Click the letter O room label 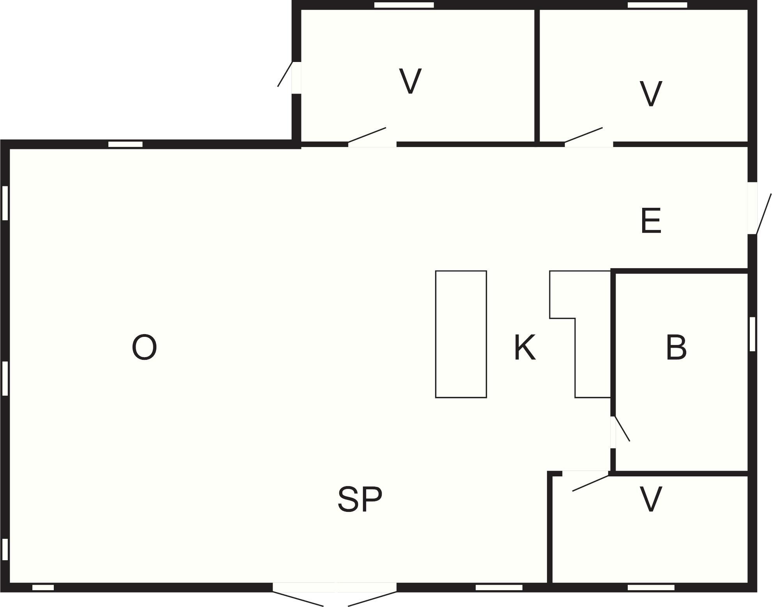144,347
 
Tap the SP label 360,499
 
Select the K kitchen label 525,347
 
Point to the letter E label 651,221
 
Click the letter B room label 676,347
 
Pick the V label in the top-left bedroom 411,81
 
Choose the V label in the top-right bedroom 651,94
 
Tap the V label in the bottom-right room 651,499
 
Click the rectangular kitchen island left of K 461,334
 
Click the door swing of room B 622,429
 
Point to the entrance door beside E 764,214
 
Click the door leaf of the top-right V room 584,134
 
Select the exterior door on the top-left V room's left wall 285,74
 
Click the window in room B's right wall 753,334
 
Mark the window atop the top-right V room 657,5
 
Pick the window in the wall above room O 125,144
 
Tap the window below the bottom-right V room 651,598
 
